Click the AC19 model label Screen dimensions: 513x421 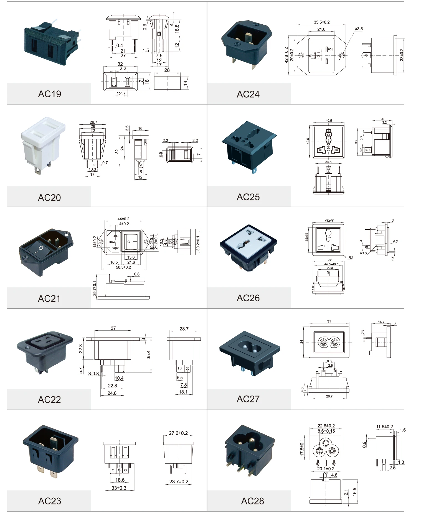coord(49,94)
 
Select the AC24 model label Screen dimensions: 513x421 coord(248,94)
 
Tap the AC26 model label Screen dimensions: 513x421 coord(248,298)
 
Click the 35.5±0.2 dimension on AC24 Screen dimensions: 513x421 coord(321,22)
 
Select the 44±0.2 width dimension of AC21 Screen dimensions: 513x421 coord(124,219)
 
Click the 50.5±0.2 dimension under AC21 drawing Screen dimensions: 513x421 coord(123,267)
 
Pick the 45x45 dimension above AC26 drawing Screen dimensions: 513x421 coord(329,221)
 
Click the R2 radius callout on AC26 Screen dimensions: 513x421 coord(351,257)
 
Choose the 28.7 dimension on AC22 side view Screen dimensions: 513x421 coord(184,329)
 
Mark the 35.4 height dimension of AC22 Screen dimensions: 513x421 coord(148,355)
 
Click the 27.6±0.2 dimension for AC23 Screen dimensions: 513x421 coord(178,433)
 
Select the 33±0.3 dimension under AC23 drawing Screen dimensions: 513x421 coord(119,488)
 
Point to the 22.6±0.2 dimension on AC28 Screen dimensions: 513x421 coord(326,426)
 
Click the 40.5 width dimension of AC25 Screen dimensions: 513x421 coord(329,121)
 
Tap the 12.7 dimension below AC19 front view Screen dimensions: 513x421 coord(121,94)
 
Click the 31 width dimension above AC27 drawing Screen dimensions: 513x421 coord(329,321)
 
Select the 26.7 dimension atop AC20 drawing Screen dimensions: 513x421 coord(93,122)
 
